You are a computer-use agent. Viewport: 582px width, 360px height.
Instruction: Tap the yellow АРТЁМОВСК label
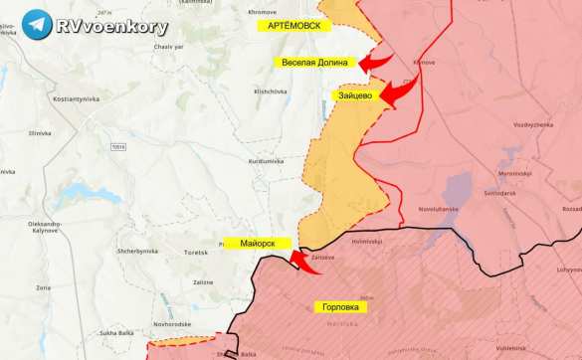[x=294, y=26]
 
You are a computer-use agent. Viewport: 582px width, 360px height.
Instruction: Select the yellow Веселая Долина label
[x=314, y=63]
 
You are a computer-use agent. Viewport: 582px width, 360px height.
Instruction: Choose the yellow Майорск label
[x=257, y=243]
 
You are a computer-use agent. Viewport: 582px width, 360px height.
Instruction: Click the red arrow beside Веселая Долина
[x=374, y=63]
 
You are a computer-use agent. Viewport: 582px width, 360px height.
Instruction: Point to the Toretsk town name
[x=196, y=253]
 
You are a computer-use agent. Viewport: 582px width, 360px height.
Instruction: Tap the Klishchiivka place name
[x=271, y=90]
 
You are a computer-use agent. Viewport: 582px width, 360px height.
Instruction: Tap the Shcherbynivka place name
[x=137, y=251]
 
